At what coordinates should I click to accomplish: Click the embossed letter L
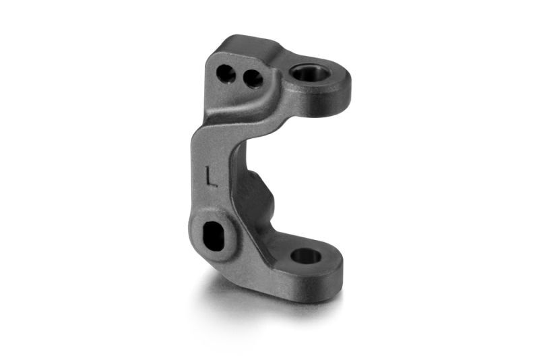(x=211, y=176)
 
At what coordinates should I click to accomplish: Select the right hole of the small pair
(x=253, y=80)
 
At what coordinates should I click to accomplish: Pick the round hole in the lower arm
(x=305, y=256)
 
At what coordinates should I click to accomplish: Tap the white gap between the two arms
(x=296, y=169)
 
